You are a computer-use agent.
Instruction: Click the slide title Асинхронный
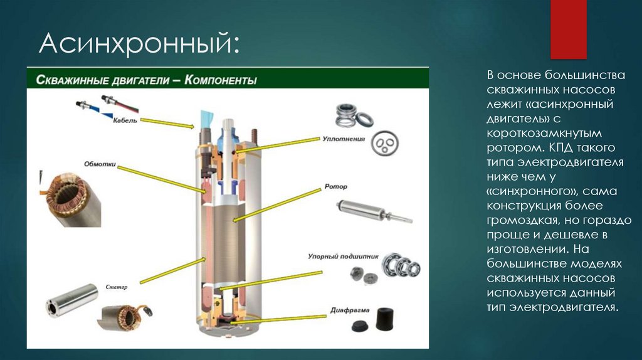(139, 44)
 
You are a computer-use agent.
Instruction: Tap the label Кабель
(125, 120)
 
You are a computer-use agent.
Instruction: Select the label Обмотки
(100, 164)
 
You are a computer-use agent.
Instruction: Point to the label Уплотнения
(344, 139)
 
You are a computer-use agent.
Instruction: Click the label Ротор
(336, 186)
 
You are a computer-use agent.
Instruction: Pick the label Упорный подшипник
(343, 257)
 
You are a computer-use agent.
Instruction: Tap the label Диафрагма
(350, 310)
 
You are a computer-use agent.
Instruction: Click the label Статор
(117, 287)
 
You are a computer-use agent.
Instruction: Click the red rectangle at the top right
(568, 29)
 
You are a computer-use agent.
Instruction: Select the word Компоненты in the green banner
(220, 80)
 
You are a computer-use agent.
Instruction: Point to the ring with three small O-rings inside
(385, 143)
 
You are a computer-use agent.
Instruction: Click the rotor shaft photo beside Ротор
(374, 211)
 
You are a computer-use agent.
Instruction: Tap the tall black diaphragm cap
(385, 319)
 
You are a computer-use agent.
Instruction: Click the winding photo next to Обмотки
(71, 199)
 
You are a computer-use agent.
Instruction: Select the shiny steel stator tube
(72, 299)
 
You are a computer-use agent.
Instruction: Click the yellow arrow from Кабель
(167, 124)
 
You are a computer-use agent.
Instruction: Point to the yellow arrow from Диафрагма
(279, 320)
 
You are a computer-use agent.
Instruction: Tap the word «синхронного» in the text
(531, 191)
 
